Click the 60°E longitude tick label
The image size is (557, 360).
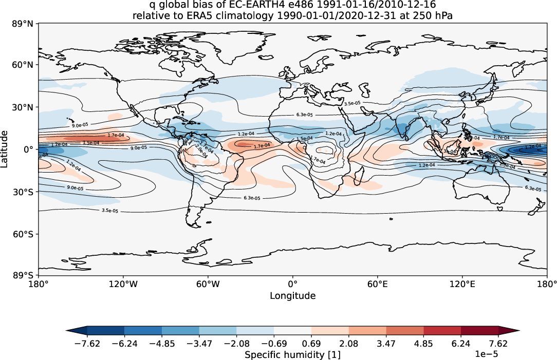coord(377,283)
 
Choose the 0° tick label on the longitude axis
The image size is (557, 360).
coord(292,283)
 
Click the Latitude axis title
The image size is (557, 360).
coord(6,149)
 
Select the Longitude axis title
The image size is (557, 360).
coord(292,296)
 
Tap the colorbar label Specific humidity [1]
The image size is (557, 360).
coord(292,355)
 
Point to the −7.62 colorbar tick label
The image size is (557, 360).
coord(87,343)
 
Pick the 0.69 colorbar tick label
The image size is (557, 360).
coord(311,343)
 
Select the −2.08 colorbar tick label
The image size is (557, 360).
coord(236,343)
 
